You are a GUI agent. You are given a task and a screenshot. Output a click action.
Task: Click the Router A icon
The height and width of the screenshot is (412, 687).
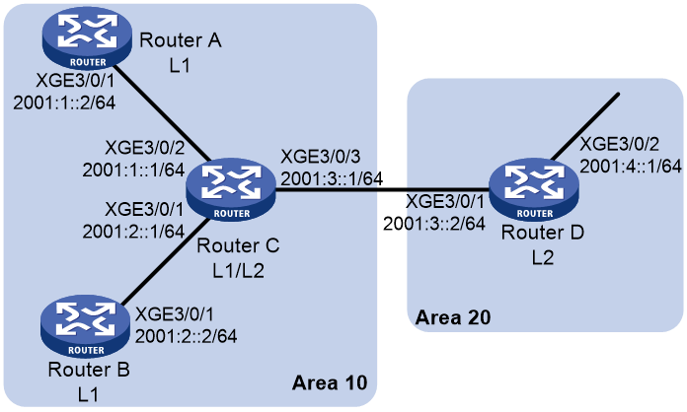[87, 38]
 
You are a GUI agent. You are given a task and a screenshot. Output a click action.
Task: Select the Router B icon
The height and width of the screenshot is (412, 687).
[86, 326]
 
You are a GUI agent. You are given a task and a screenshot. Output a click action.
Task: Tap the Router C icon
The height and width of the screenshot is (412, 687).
[231, 189]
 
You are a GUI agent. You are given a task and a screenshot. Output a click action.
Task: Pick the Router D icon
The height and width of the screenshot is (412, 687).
[534, 189]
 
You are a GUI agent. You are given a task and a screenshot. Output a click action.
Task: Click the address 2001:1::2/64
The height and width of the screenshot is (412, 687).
[64, 103]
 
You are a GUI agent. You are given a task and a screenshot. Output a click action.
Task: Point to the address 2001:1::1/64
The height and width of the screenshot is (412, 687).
[133, 170]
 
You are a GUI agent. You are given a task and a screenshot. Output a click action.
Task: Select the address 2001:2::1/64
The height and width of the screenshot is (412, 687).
[133, 231]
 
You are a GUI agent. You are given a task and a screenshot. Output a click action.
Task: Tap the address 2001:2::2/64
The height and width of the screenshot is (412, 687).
[187, 336]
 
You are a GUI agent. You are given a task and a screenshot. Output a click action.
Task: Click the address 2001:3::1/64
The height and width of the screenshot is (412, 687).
[332, 178]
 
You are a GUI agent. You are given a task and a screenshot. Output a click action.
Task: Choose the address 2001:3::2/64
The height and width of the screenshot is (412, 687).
[434, 224]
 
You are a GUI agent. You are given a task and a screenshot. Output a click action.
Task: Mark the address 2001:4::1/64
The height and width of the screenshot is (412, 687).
[631, 167]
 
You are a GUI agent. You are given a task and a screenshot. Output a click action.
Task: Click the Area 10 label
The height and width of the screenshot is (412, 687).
[330, 382]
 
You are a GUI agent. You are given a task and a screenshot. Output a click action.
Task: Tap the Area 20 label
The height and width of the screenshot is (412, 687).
[453, 317]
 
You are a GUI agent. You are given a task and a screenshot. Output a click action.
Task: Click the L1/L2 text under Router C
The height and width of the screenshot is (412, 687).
[238, 271]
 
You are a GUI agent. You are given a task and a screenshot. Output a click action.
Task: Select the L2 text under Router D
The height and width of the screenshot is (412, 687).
[543, 258]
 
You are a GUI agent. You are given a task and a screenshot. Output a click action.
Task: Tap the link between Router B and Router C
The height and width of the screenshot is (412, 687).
[166, 261]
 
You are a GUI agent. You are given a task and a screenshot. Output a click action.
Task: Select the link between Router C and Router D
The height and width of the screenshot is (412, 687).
[383, 190]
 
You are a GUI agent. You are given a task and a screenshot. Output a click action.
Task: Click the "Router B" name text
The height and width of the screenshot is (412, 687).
[89, 370]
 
